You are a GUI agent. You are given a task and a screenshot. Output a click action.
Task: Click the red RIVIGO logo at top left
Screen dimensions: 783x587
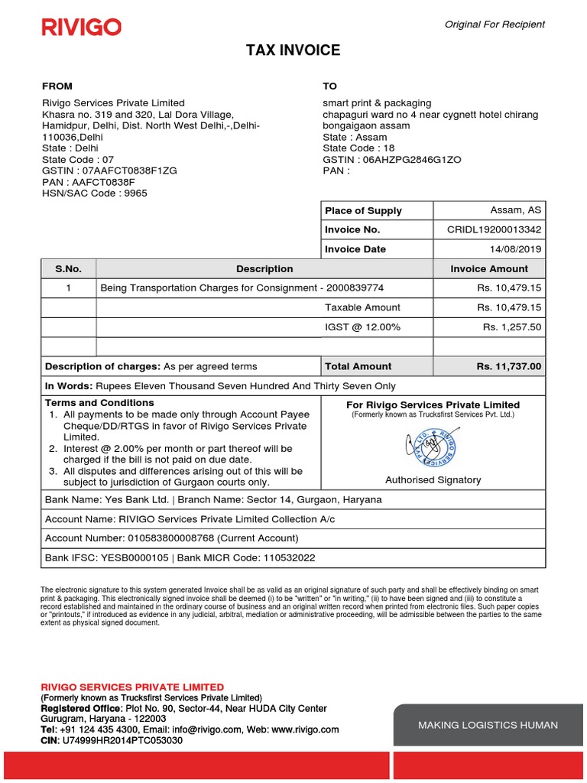(81, 28)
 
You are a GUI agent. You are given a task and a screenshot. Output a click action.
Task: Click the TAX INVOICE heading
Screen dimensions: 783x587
(293, 51)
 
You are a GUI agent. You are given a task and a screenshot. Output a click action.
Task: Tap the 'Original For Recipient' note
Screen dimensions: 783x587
(495, 24)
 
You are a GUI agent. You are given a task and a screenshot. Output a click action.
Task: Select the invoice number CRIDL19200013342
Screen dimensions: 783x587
(494, 229)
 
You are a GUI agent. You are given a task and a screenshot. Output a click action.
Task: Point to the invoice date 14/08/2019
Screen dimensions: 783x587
(516, 249)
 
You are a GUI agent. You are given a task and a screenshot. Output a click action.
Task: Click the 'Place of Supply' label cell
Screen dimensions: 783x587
(363, 210)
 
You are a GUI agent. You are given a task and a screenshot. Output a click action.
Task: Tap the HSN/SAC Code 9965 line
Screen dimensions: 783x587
(95, 193)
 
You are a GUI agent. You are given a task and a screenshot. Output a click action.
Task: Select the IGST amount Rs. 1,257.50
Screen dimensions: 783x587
(511, 327)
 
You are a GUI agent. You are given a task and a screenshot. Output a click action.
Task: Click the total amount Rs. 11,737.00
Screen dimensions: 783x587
(508, 366)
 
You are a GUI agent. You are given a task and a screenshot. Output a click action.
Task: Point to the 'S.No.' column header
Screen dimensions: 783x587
(68, 269)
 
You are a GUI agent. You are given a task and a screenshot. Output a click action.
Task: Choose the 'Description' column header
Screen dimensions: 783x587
(264, 269)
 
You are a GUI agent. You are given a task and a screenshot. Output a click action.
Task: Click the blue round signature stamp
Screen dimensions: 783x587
(432, 449)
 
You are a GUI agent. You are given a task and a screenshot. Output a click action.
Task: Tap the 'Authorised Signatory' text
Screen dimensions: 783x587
(433, 480)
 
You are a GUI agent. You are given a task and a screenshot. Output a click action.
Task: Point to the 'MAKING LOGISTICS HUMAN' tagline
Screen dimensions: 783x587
(488, 725)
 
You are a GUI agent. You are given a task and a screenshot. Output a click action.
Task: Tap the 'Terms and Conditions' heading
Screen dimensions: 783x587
(99, 403)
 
